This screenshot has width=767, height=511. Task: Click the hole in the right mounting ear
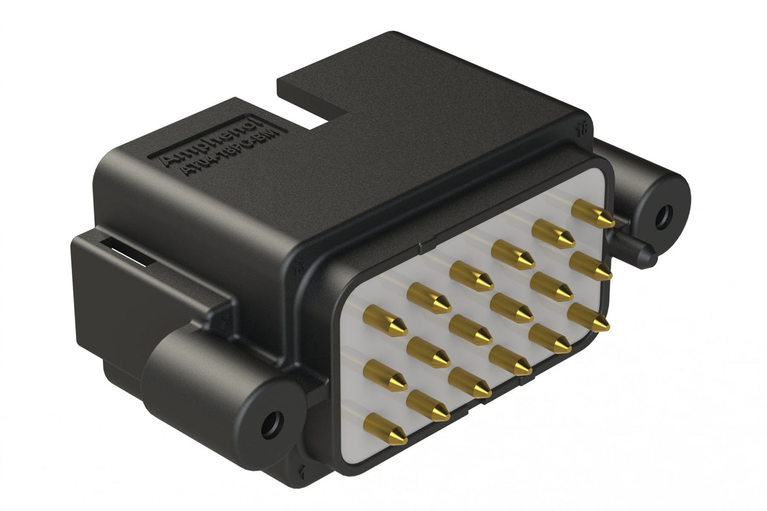[663, 216]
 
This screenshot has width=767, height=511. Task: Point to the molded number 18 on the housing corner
[583, 127]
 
